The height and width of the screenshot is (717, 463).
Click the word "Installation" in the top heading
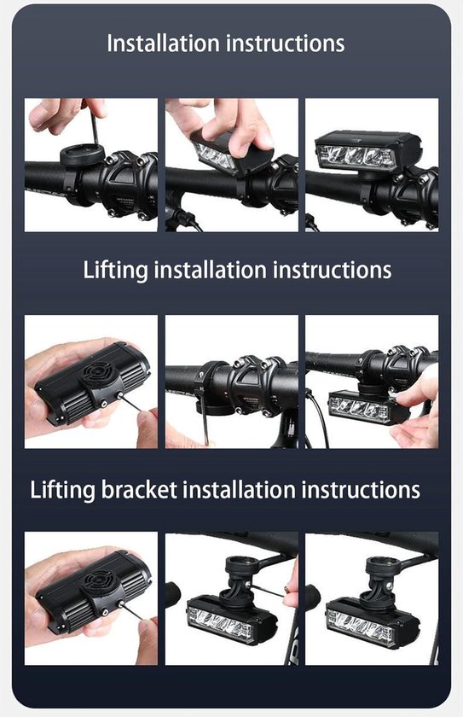tap(163, 44)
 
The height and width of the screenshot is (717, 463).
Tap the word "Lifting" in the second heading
tap(115, 270)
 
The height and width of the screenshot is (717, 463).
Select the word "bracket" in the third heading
tap(139, 490)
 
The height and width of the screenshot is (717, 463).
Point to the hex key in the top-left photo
tap(93, 126)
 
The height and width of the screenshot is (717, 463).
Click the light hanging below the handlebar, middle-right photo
tap(365, 406)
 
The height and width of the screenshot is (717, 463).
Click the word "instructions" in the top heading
tap(286, 44)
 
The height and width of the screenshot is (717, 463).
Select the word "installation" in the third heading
tap(240, 490)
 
